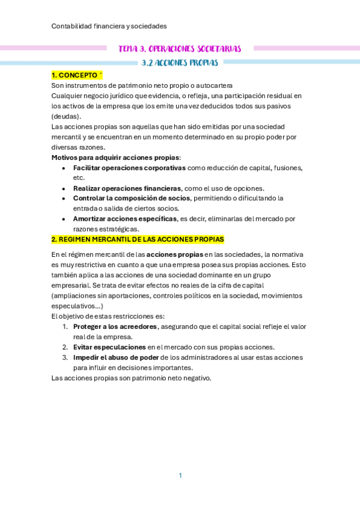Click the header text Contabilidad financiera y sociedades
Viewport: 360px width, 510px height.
pyautogui.click(x=109, y=26)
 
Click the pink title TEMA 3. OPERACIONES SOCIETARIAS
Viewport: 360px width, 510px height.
pyautogui.click(x=180, y=48)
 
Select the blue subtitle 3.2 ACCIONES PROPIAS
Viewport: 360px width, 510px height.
pyautogui.click(x=179, y=62)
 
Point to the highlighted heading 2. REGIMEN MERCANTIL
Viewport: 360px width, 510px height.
pyautogui.click(x=138, y=239)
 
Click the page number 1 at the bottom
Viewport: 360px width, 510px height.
pyautogui.click(x=180, y=476)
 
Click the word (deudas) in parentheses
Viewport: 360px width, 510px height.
pyautogui.click(x=66, y=116)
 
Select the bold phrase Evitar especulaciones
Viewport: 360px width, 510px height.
pyautogui.click(x=109, y=347)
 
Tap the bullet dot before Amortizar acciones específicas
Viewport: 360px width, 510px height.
pyautogui.click(x=64, y=219)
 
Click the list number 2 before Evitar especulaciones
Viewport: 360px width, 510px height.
pyautogui.click(x=65, y=347)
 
